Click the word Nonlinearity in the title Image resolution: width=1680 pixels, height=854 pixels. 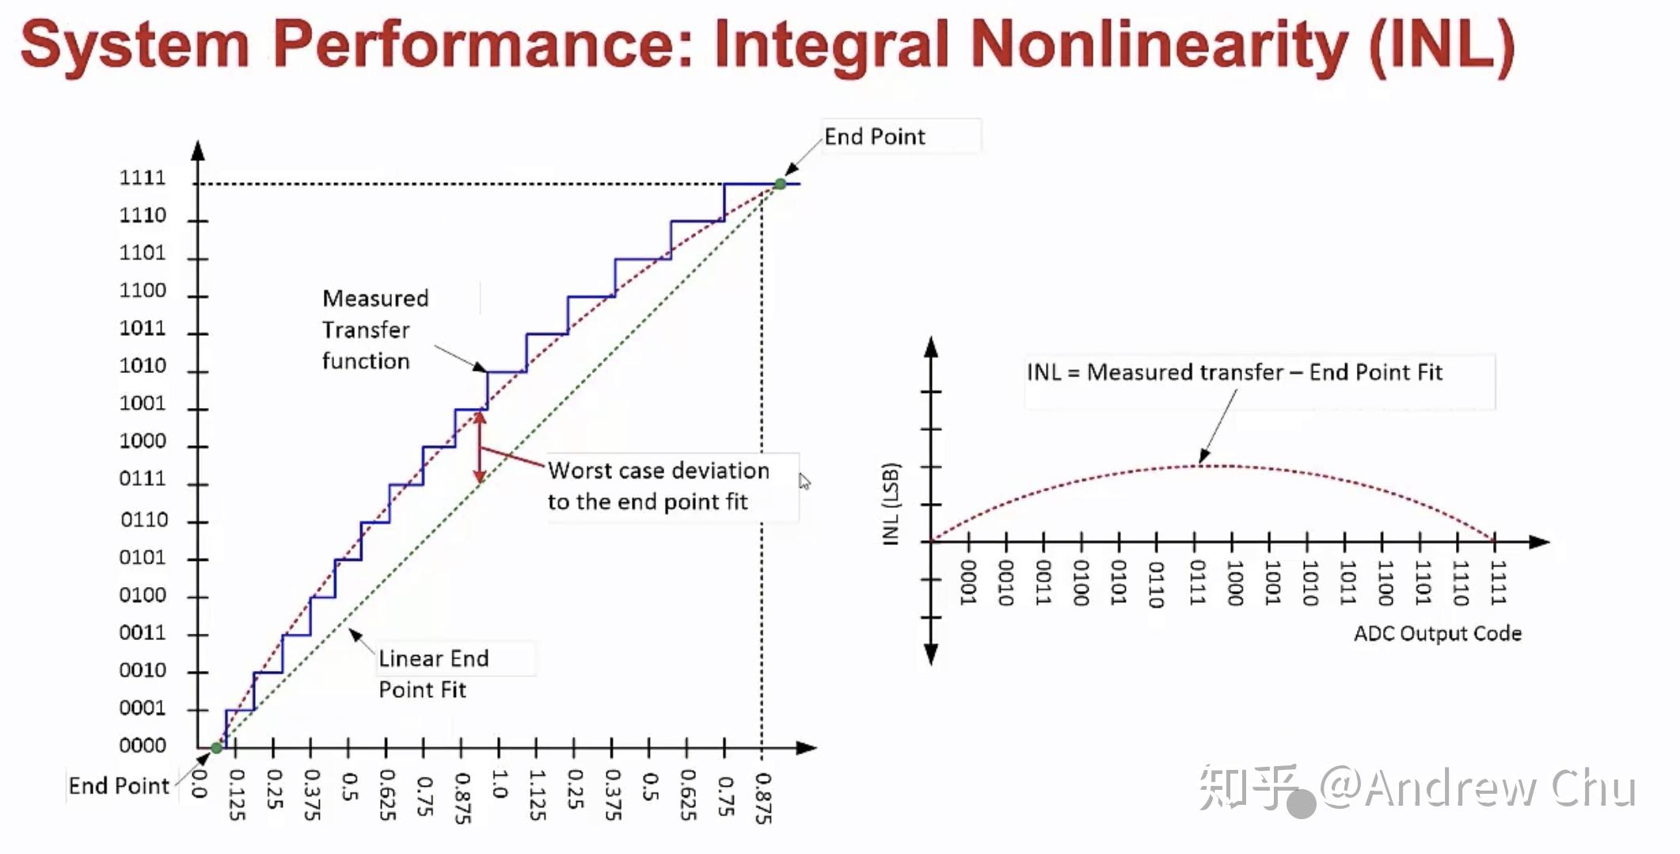pos(1158,45)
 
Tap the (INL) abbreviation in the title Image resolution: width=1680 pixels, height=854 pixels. pos(1442,47)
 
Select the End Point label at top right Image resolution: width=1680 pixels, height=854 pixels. pos(874,136)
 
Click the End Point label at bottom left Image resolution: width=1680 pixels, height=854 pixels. pos(119,785)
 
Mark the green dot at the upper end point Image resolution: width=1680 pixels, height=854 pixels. pos(780,184)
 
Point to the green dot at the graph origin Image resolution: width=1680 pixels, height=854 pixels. pos(216,748)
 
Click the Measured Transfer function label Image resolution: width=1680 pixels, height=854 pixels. pos(375,330)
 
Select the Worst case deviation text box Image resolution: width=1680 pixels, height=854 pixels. pos(659,486)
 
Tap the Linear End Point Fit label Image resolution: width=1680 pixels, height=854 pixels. pos(433,673)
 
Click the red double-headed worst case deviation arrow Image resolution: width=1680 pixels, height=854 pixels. pos(479,448)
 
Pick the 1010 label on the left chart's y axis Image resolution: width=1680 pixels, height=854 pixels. pos(143,365)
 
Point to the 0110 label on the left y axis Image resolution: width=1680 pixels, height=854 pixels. pos(144,520)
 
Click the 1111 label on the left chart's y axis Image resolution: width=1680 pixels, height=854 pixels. pos(143,177)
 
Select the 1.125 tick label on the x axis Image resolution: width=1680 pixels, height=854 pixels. pos(537,795)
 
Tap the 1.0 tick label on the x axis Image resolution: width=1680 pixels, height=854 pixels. pos(499,783)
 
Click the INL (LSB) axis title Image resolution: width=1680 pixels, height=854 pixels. pos(891,504)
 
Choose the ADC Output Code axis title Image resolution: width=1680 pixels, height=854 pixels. pos(1438,633)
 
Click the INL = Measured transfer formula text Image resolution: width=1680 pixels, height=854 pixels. pos(1234,372)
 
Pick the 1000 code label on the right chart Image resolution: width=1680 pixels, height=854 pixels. pos(1233,583)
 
